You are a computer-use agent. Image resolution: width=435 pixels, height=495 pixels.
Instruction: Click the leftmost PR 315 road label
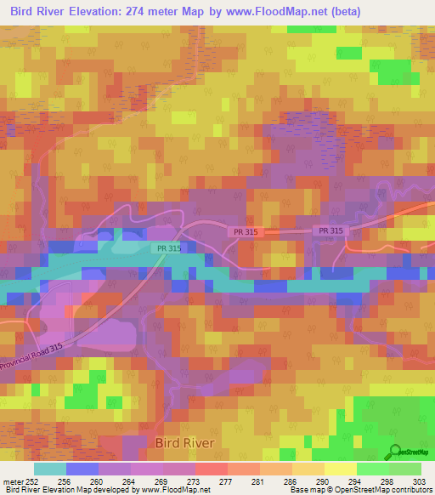168,248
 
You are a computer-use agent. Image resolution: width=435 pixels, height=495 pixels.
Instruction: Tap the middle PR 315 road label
244,231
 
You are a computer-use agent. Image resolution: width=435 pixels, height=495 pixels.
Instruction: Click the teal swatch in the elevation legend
50,469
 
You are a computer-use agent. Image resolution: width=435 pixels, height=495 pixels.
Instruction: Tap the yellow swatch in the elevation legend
340,469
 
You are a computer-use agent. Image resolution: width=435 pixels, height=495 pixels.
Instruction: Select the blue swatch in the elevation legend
82,469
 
